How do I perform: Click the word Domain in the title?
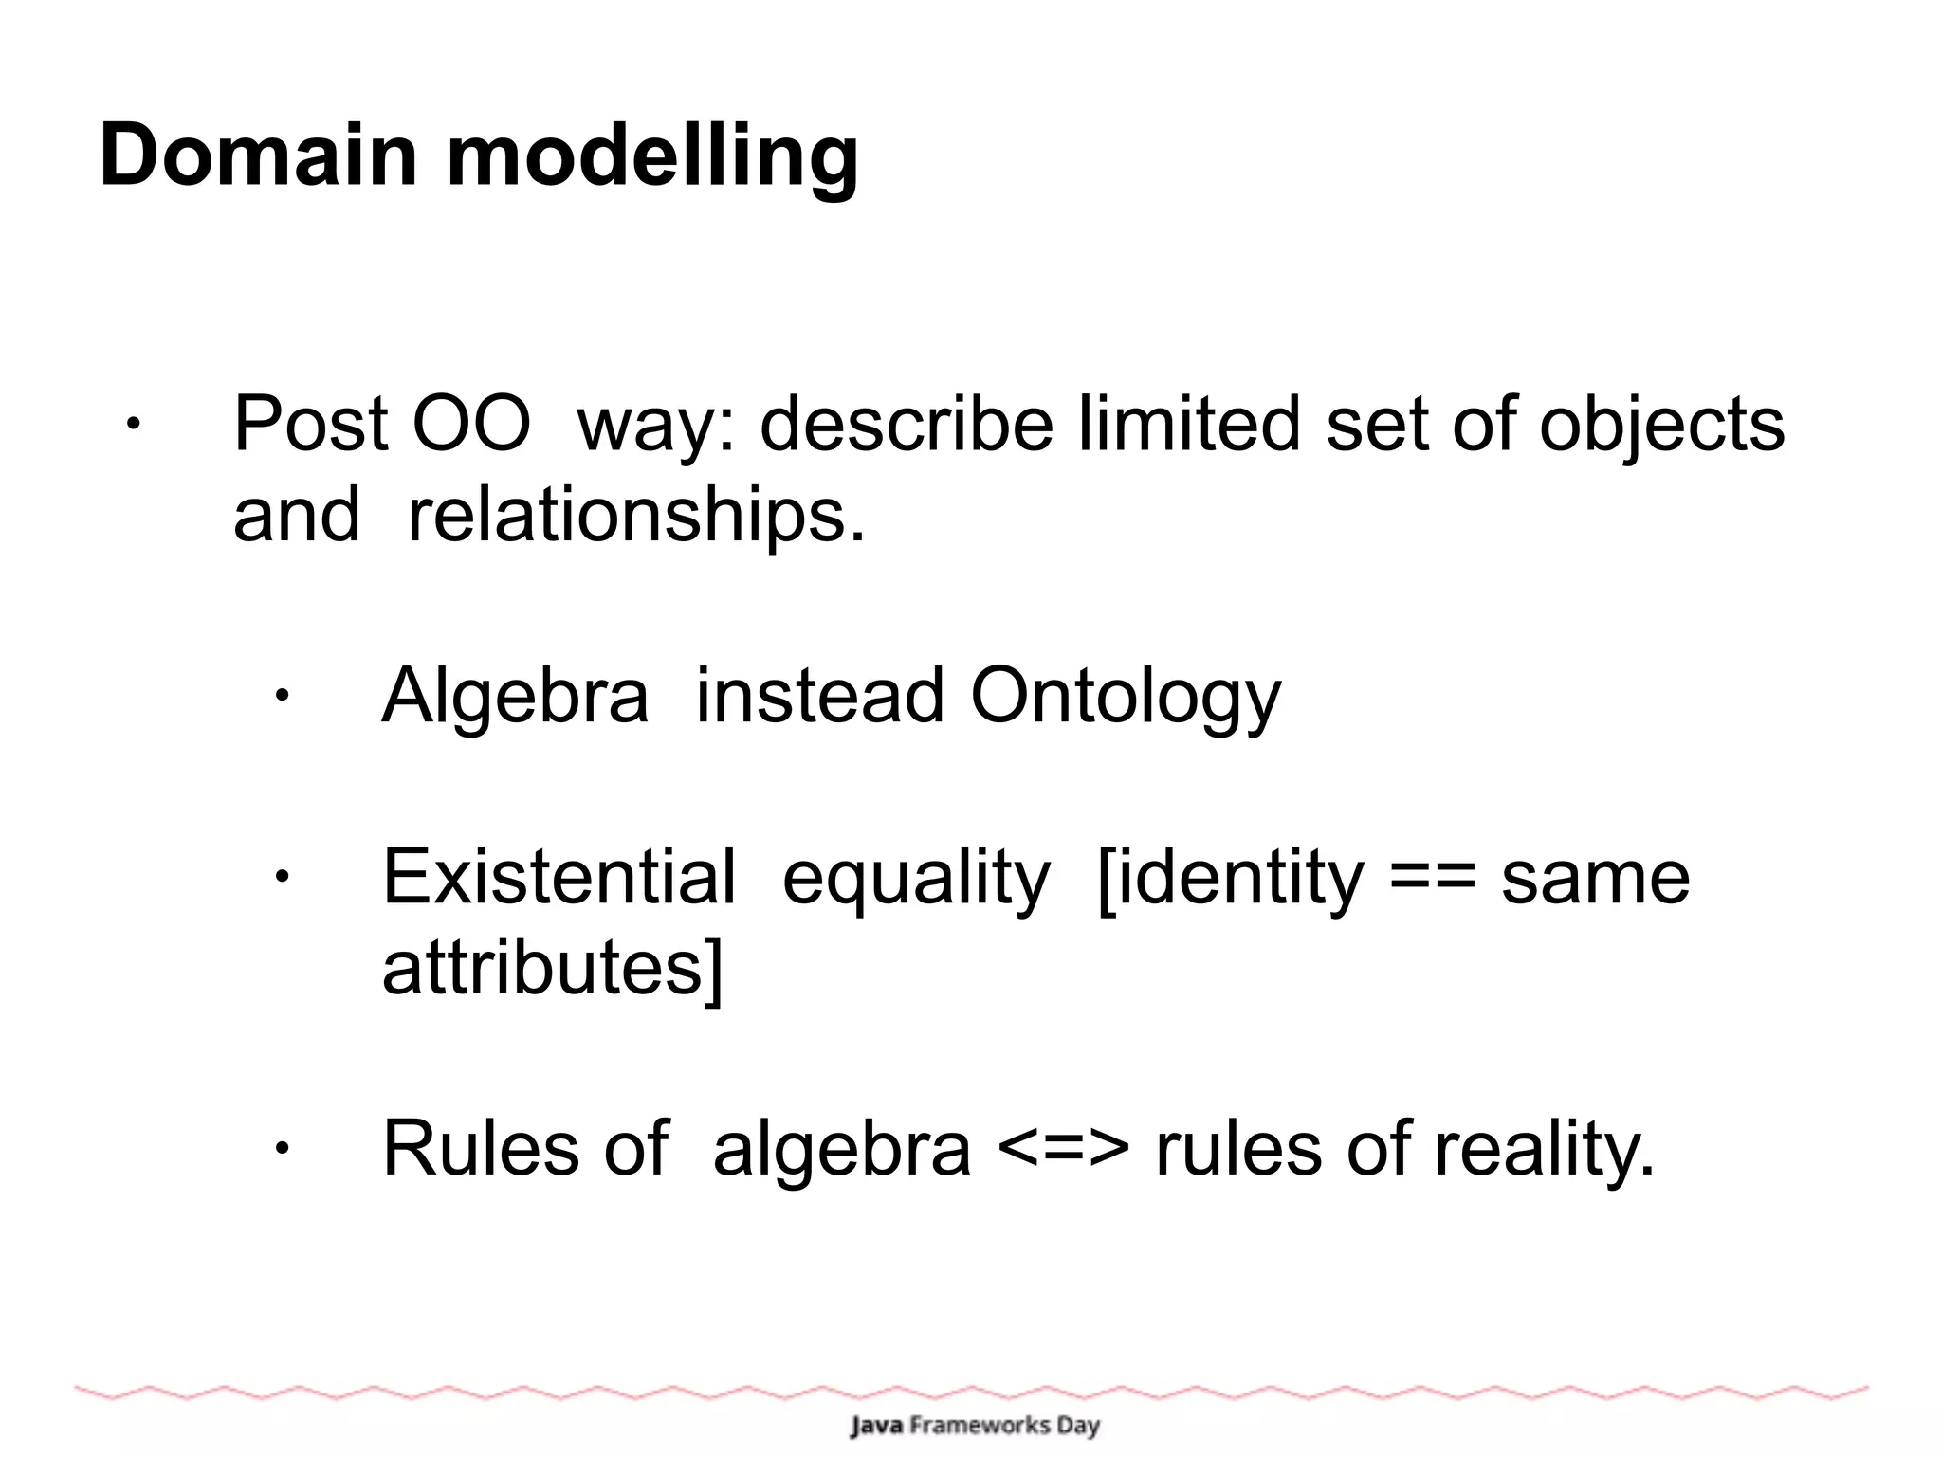[x=258, y=155]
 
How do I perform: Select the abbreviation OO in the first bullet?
[x=470, y=424]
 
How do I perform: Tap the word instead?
[x=819, y=695]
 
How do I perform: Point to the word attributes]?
[x=552, y=969]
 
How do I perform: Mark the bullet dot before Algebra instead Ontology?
[x=281, y=697]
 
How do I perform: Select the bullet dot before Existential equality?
[x=281, y=878]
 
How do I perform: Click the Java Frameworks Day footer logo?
[x=975, y=1425]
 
